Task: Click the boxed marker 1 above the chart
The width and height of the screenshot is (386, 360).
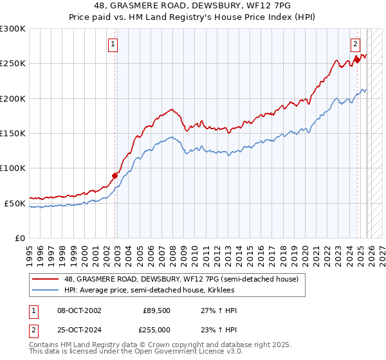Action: (x=113, y=44)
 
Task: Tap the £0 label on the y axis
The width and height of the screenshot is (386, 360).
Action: (x=20, y=238)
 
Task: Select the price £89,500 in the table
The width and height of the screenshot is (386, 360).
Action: (x=156, y=310)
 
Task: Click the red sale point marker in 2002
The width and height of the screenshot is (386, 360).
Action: (x=115, y=175)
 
